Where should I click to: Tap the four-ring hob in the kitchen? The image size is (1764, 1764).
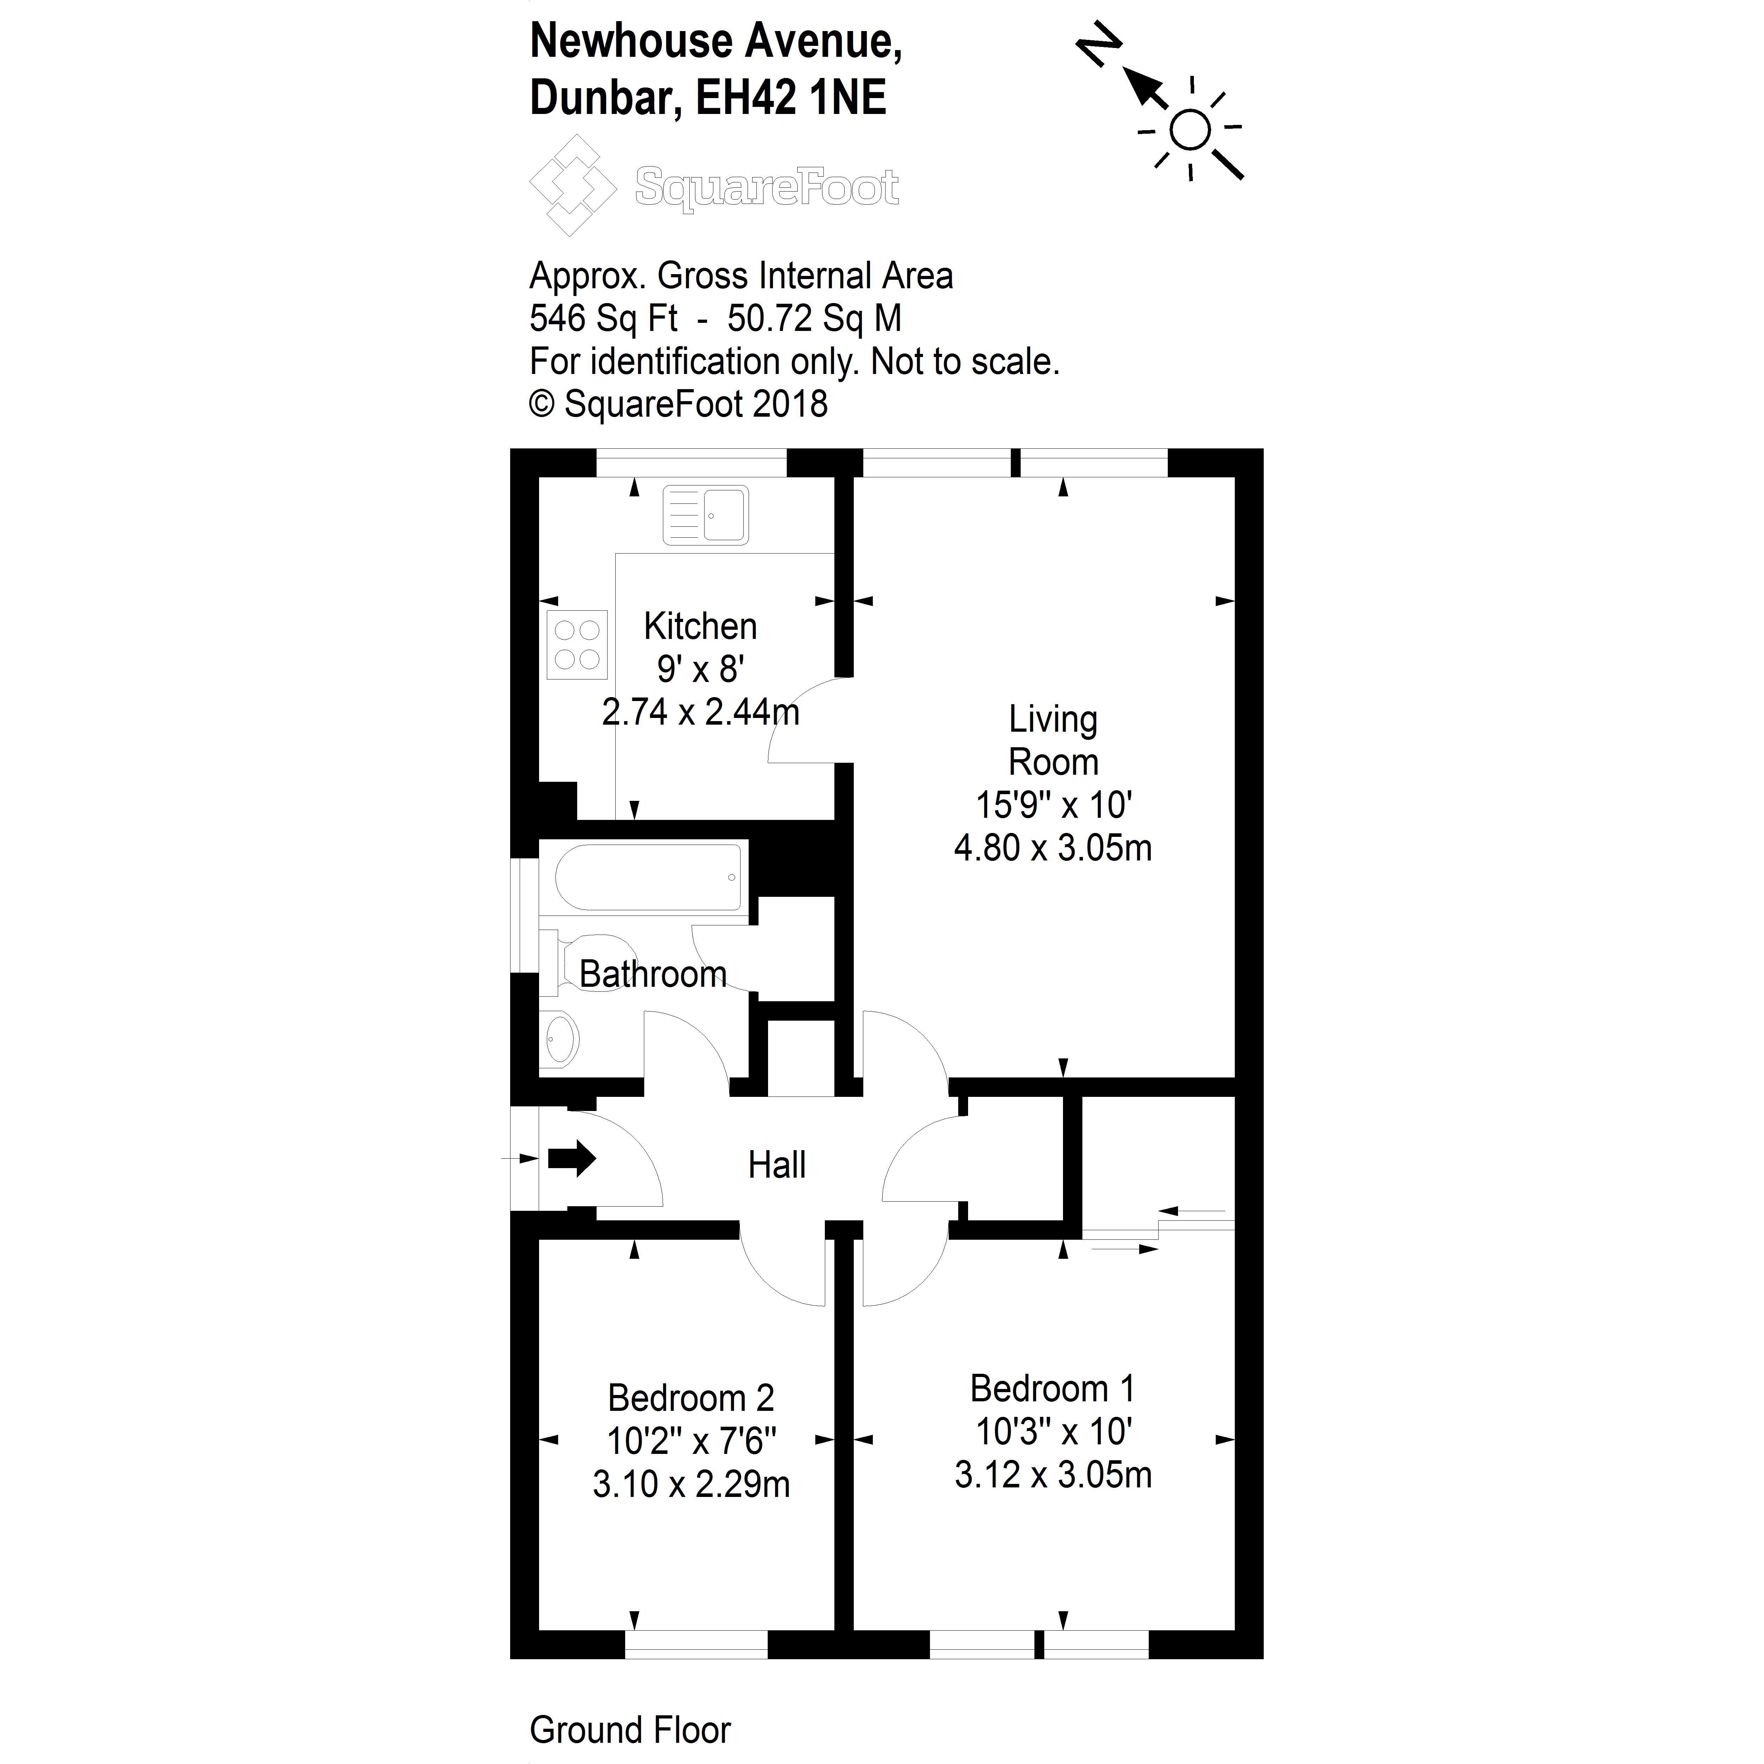pos(577,645)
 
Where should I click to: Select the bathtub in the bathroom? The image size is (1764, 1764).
pos(647,877)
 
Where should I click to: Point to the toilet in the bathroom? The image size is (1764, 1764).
pos(589,961)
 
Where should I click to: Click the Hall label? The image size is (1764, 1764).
pos(776,1165)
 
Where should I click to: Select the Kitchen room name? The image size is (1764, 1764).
pos(700,626)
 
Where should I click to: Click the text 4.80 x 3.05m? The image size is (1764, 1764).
pos(1053,848)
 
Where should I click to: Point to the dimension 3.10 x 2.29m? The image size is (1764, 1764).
pos(691,1485)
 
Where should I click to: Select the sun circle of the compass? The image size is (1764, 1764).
pos(1190,129)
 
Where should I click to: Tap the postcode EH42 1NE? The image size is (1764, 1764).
pos(791,98)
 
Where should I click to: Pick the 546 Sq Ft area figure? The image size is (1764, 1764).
pos(603,319)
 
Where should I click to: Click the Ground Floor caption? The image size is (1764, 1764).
pos(630,1729)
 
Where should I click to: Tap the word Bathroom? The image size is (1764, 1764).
pos(653,974)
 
